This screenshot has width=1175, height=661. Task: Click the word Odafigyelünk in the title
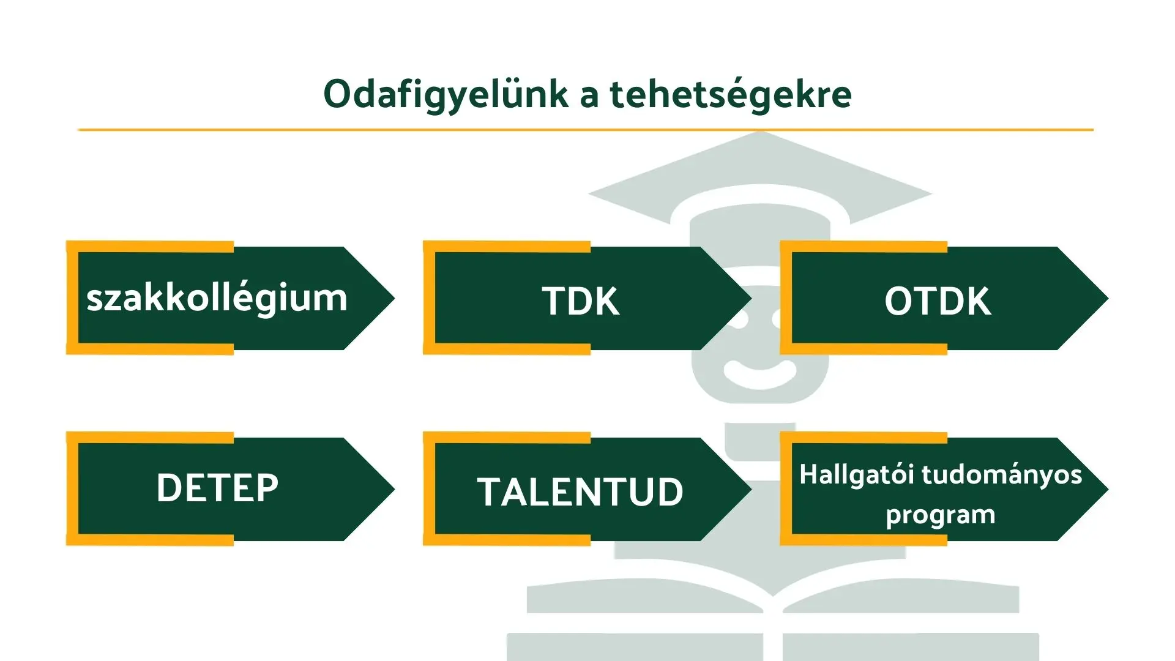point(446,95)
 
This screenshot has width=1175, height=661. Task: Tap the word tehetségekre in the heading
point(731,94)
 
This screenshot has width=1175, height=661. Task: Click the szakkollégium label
point(217,299)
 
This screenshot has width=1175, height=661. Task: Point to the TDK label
point(581,301)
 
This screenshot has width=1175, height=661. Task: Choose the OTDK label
point(938,301)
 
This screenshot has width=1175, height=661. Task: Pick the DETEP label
point(217,488)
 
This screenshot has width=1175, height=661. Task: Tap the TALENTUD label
point(580,492)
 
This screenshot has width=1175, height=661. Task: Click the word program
point(941,515)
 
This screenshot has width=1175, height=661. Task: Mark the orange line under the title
point(586,130)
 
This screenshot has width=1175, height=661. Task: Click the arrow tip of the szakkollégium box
point(395,299)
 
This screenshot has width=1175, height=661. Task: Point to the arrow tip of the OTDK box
point(1108,299)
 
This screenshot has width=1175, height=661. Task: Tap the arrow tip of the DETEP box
point(395,489)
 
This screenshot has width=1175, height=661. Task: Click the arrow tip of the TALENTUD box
point(752,489)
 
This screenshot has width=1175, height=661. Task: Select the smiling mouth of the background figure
point(760,374)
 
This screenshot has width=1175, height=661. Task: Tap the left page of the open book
point(646,595)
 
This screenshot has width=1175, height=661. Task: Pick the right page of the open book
point(901,595)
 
